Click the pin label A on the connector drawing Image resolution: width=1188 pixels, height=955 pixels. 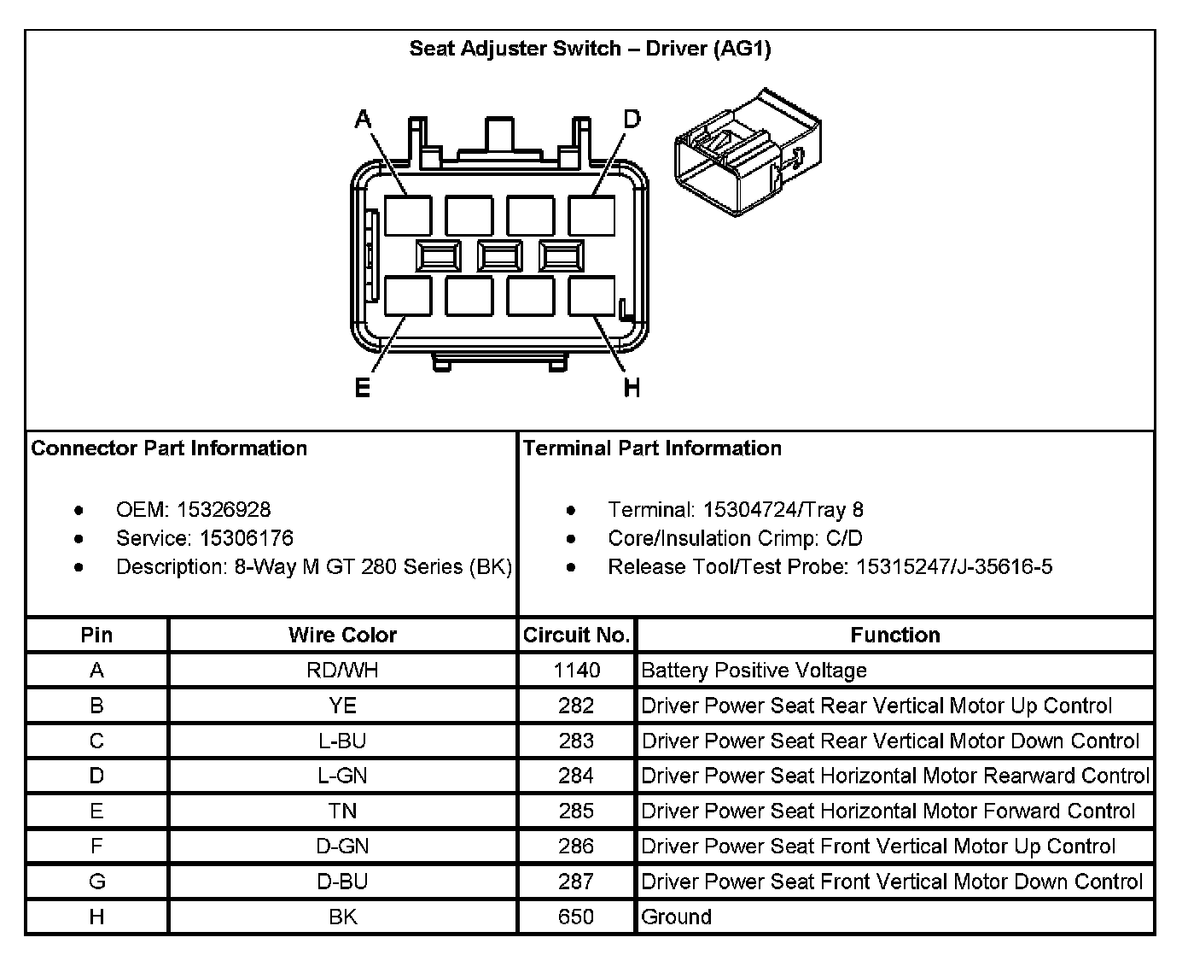(x=364, y=120)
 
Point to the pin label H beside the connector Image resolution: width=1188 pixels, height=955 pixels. (x=632, y=389)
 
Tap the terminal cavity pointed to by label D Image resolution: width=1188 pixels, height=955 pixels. (x=591, y=215)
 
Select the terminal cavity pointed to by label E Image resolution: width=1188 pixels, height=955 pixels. (x=407, y=297)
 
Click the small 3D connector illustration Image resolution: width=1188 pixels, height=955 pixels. (x=748, y=151)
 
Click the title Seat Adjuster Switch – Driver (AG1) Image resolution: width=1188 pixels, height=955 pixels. (x=590, y=49)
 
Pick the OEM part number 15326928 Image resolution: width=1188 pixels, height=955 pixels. (x=224, y=510)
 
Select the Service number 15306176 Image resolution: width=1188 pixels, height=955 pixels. (x=247, y=538)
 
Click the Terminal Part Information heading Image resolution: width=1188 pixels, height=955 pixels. (x=652, y=448)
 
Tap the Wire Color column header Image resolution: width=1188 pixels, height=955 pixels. (x=342, y=635)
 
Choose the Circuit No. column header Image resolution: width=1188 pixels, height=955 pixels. (x=576, y=635)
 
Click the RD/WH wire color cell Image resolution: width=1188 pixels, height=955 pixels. (x=342, y=671)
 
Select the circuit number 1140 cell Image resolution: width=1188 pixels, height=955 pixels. (x=576, y=671)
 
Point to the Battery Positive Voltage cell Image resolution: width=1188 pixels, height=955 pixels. (x=754, y=671)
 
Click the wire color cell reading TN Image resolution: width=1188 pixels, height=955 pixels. (x=342, y=811)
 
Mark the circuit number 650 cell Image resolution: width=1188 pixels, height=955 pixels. (x=576, y=917)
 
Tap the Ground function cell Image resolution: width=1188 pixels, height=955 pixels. (x=676, y=917)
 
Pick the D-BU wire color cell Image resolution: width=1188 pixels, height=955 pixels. (x=342, y=882)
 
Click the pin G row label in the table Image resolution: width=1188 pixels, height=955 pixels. (x=96, y=882)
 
